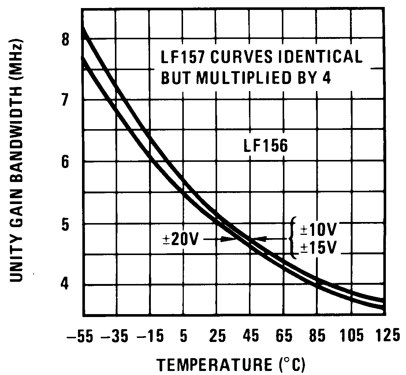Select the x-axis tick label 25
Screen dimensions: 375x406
coord(217,336)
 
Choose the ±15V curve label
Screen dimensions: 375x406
coord(318,248)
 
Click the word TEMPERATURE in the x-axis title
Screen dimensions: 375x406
coord(213,365)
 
